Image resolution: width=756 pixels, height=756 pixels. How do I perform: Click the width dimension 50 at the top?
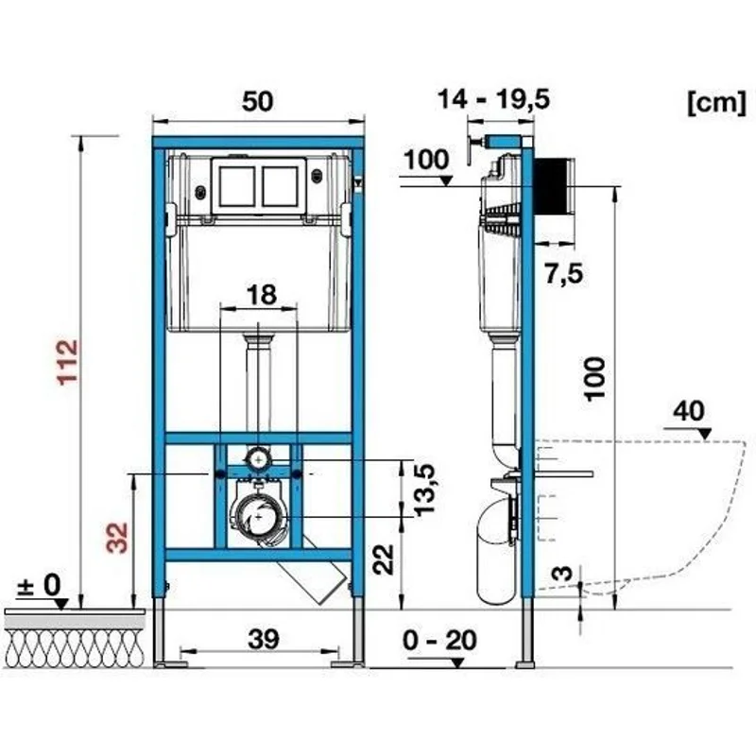pyautogui.click(x=257, y=101)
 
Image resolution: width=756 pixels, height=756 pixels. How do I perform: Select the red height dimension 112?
pyautogui.click(x=67, y=362)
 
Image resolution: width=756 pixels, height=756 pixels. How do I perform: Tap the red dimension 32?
pyautogui.click(x=116, y=538)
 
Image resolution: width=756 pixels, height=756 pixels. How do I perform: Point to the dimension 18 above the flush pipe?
pyautogui.click(x=262, y=295)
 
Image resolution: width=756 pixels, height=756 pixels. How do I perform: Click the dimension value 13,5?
pyautogui.click(x=424, y=490)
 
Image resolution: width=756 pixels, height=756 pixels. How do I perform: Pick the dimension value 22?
pyautogui.click(x=384, y=559)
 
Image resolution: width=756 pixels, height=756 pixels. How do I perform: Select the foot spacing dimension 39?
pyautogui.click(x=264, y=640)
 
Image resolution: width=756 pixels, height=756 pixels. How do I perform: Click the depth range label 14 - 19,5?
pyautogui.click(x=493, y=99)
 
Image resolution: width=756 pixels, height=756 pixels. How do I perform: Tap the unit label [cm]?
pyautogui.click(x=716, y=103)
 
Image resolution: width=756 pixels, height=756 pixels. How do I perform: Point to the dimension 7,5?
pyautogui.click(x=563, y=274)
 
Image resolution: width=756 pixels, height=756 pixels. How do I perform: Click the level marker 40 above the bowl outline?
pyautogui.click(x=689, y=411)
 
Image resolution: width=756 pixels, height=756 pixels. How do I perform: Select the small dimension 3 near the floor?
pyautogui.click(x=562, y=574)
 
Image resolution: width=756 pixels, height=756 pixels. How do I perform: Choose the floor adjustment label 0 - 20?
pyautogui.click(x=439, y=641)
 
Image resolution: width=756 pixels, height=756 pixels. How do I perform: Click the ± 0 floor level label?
pyautogui.click(x=40, y=585)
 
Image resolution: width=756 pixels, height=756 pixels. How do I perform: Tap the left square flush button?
pyautogui.click(x=236, y=186)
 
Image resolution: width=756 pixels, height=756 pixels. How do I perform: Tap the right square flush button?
pyautogui.click(x=280, y=186)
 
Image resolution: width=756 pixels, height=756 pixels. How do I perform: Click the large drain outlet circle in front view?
pyautogui.click(x=259, y=516)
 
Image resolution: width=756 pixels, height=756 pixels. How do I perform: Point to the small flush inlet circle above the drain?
pyautogui.click(x=259, y=459)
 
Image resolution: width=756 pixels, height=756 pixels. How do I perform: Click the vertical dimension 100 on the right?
pyautogui.click(x=595, y=379)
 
